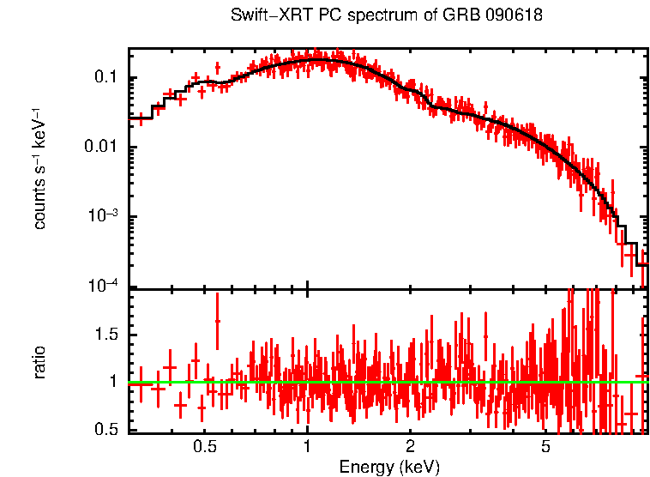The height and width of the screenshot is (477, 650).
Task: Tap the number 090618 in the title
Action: point(514,16)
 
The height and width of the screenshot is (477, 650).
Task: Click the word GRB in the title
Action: point(460,16)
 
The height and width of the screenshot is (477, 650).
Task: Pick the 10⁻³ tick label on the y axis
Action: point(102,217)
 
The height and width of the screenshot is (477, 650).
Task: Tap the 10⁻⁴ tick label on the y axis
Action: point(102,287)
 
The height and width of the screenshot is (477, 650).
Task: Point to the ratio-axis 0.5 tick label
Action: point(107,429)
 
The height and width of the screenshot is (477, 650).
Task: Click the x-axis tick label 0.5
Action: point(204,447)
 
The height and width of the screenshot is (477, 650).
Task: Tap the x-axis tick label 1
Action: point(308,447)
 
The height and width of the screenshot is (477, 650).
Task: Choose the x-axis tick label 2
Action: point(411,447)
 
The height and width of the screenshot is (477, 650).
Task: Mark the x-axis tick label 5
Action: point(546,447)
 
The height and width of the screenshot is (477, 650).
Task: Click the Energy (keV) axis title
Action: point(388,467)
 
